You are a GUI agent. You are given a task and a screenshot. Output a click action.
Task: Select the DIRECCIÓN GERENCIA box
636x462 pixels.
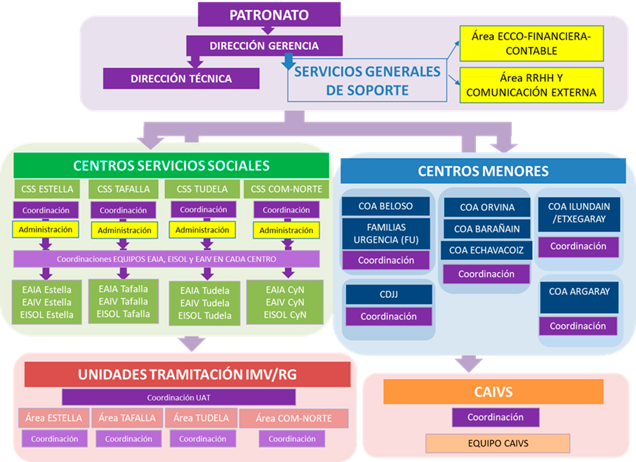[x=264, y=46]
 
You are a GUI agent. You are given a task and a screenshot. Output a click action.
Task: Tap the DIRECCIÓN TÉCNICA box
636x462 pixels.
[x=180, y=79]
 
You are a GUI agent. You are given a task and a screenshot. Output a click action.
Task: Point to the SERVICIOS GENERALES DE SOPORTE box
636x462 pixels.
[x=367, y=81]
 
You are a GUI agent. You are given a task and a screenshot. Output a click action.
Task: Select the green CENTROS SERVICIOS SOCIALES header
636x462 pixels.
[x=171, y=166]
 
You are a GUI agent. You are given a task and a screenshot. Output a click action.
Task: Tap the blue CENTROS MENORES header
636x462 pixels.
[x=483, y=171]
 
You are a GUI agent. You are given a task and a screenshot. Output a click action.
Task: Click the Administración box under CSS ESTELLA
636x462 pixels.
[x=46, y=229]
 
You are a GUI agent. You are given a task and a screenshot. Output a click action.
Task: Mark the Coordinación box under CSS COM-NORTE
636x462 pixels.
[x=286, y=210]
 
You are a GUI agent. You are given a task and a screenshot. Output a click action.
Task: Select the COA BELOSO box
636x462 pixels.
[x=386, y=206]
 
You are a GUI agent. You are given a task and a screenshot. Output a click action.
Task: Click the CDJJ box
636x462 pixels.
[x=387, y=295]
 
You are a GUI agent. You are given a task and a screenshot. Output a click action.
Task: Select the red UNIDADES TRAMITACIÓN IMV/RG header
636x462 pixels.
[x=187, y=374]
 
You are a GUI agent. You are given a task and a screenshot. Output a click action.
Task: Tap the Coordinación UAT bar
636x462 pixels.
[x=178, y=397]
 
